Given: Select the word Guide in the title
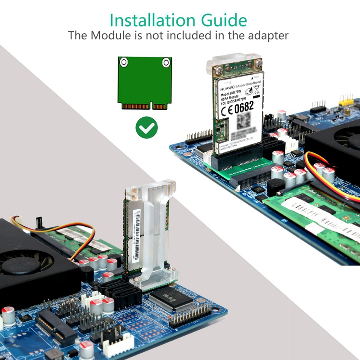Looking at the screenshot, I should coord(225,20).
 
